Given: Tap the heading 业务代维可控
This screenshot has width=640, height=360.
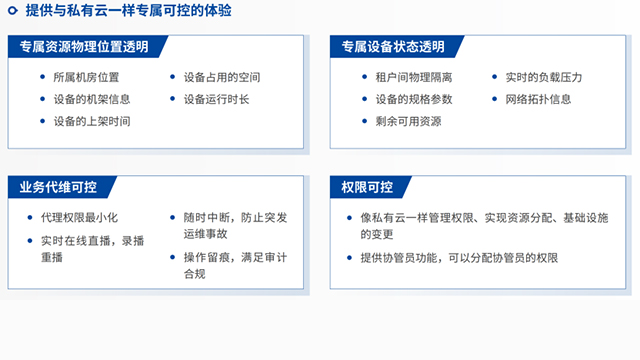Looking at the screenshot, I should click(x=54, y=187).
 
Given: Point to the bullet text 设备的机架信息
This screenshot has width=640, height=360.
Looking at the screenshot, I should click(x=91, y=99).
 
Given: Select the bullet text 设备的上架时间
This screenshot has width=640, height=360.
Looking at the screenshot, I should click(x=91, y=121).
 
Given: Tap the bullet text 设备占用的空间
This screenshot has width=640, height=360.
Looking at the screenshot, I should click(x=222, y=77).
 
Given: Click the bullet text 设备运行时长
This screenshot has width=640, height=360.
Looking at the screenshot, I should click(x=217, y=99).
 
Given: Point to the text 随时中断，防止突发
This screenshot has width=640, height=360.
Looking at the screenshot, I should click(x=228, y=218).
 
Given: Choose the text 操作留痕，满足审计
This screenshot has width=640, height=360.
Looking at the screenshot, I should click(x=228, y=257).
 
